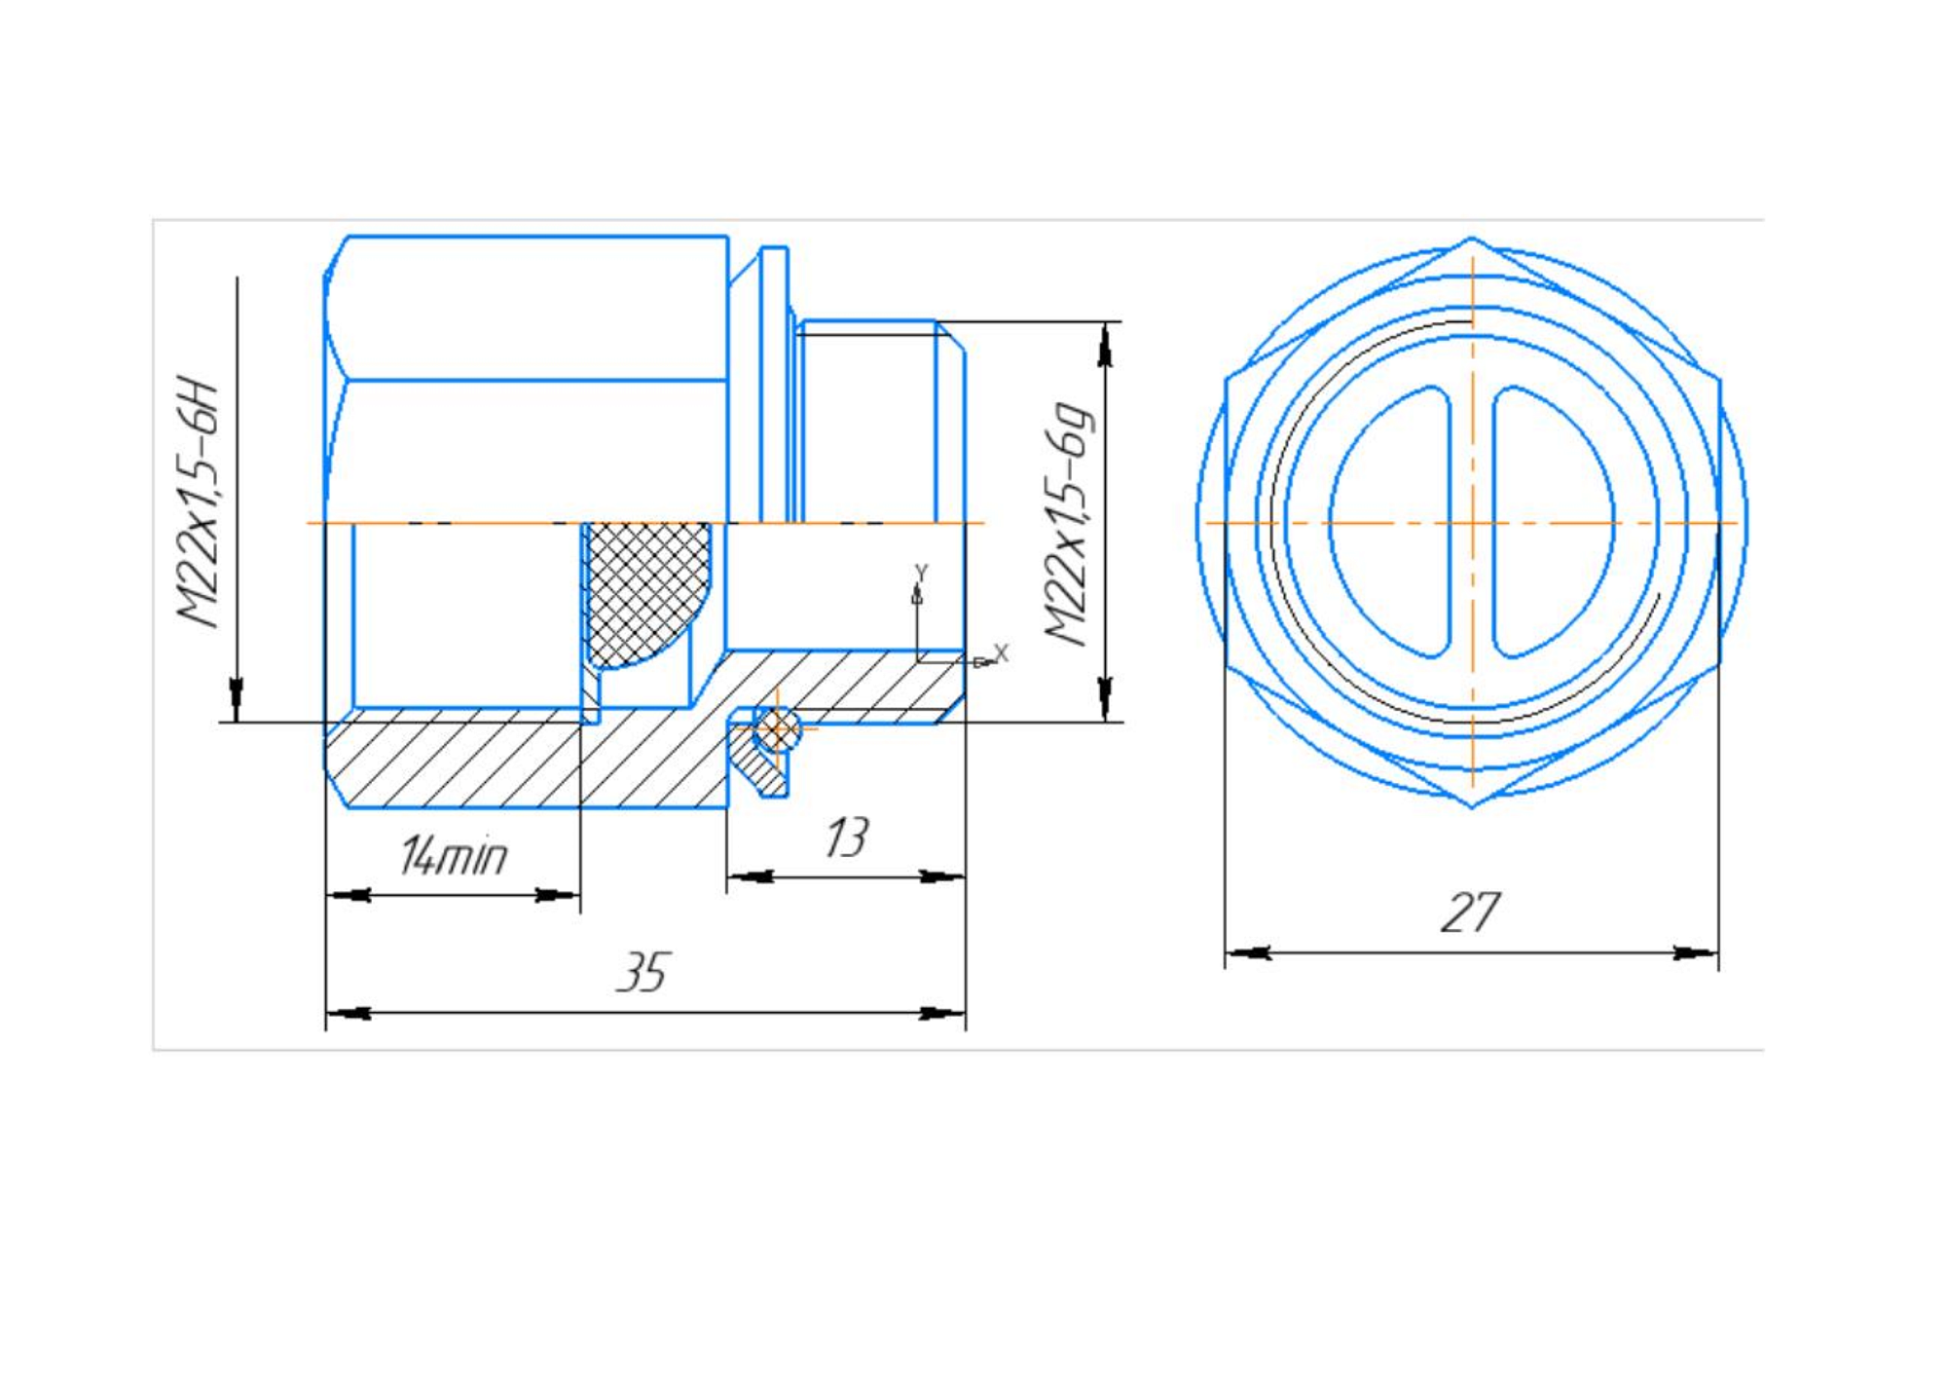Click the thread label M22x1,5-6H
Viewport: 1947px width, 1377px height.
pos(198,502)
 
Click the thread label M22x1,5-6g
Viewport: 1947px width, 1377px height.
pos(1068,523)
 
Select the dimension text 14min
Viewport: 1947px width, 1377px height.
pos(454,856)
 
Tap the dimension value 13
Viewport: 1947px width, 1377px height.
pos(846,838)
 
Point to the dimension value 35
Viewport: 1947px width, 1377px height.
pos(643,972)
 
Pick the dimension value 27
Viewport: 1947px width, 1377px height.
pos(1470,912)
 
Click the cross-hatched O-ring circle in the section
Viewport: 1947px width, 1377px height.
pos(777,728)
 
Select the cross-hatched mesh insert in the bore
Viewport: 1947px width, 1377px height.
pos(645,590)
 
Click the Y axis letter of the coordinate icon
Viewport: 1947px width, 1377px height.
pos(921,573)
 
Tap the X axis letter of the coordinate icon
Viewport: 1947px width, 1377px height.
pos(1001,653)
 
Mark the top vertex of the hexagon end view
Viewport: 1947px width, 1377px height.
pos(1472,239)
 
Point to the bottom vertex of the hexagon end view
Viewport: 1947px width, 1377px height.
pos(1472,806)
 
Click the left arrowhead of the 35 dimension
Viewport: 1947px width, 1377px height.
pos(349,1014)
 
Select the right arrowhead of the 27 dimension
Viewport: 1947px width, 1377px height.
pos(1696,952)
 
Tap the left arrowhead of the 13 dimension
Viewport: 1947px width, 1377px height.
pos(751,877)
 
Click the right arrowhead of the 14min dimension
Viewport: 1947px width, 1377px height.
pos(558,895)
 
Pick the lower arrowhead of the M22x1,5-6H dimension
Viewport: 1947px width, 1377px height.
pos(236,697)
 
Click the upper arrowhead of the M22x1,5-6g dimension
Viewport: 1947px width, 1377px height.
pos(1105,347)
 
